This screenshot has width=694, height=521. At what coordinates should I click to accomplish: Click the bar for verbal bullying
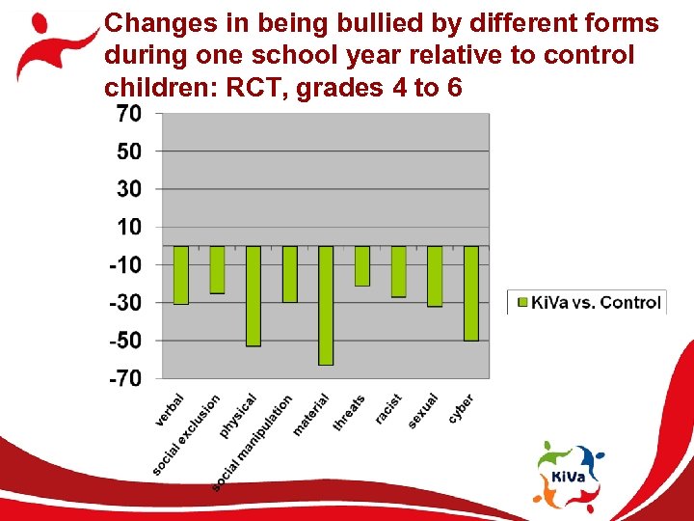pyautogui.click(x=181, y=275)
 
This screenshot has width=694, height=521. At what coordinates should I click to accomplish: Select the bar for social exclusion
pyautogui.click(x=217, y=269)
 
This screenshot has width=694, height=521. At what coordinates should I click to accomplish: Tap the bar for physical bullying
pyautogui.click(x=254, y=295)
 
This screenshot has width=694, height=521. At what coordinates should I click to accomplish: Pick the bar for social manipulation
pyautogui.click(x=289, y=274)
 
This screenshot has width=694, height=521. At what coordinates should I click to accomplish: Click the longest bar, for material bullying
pyautogui.click(x=326, y=305)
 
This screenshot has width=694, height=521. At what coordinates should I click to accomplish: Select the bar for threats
pyautogui.click(x=362, y=265)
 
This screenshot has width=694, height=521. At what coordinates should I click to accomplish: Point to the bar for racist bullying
pyautogui.click(x=398, y=271)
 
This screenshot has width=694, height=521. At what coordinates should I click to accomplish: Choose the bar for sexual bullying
pyautogui.click(x=435, y=276)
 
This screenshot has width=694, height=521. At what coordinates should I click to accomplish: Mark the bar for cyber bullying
pyautogui.click(x=470, y=293)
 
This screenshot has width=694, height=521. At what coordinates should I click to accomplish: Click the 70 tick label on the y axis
pyautogui.click(x=128, y=114)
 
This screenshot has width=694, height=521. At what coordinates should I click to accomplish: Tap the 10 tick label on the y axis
pyautogui.click(x=128, y=227)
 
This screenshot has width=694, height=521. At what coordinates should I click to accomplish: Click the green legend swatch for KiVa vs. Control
pyautogui.click(x=523, y=303)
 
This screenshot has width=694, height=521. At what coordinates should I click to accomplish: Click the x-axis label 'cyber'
pyautogui.click(x=461, y=408)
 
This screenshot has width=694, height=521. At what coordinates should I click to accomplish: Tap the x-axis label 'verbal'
pyautogui.click(x=170, y=410)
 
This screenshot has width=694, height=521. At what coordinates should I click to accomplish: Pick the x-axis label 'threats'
pyautogui.click(x=349, y=413)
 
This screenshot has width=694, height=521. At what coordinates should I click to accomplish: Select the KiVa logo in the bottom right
pyautogui.click(x=571, y=475)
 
